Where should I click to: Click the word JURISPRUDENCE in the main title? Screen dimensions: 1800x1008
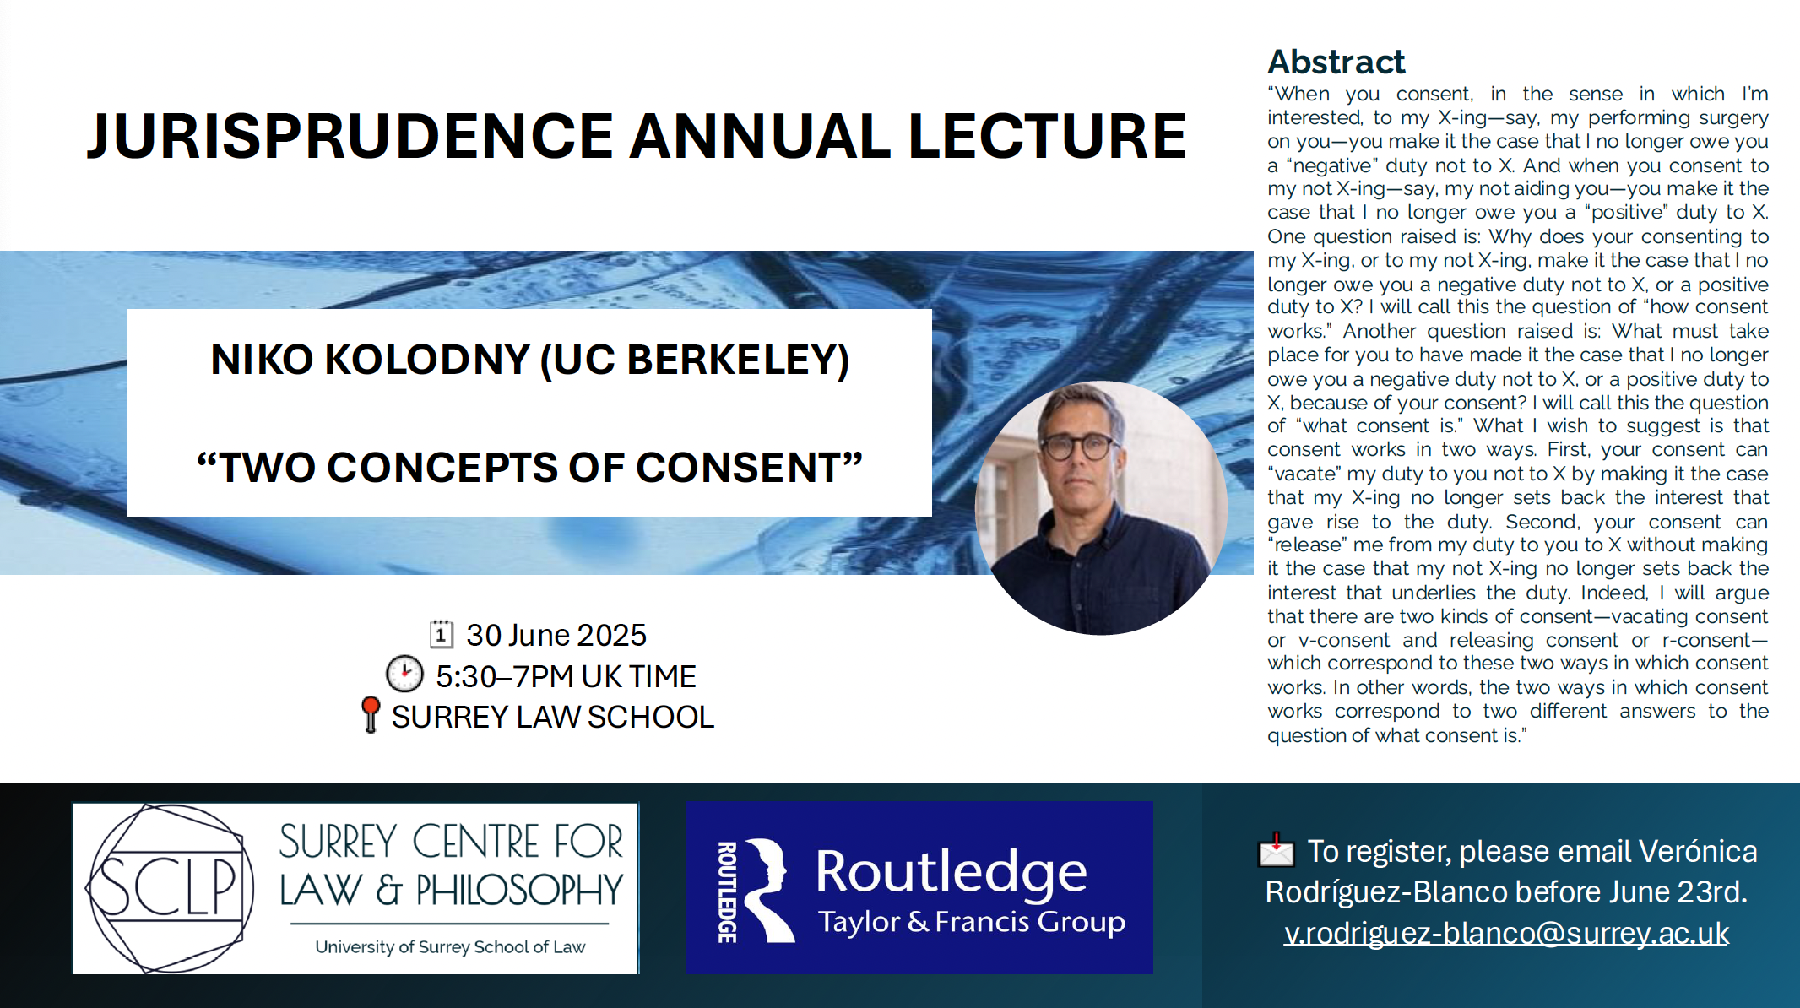[x=350, y=136]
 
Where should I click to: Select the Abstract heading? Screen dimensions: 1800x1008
[x=1336, y=62]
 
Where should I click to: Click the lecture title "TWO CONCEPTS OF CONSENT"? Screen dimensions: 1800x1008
[x=529, y=468]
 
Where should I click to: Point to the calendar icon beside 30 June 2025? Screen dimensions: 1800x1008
[x=442, y=634]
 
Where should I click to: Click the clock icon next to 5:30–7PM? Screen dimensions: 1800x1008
[x=404, y=675]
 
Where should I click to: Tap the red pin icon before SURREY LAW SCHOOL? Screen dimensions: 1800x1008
[x=371, y=714]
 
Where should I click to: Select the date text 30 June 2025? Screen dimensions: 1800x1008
[x=556, y=635]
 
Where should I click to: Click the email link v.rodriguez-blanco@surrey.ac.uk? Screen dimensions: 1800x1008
[x=1506, y=933]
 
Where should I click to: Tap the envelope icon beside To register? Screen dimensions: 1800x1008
[x=1276, y=850]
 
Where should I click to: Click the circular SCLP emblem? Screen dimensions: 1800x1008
[x=170, y=888]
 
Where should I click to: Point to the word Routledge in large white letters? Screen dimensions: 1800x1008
[x=952, y=873]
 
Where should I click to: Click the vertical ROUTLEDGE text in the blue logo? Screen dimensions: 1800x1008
[x=727, y=891]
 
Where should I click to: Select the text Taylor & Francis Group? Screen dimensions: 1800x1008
[x=972, y=921]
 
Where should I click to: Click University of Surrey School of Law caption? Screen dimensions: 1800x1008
[x=450, y=947]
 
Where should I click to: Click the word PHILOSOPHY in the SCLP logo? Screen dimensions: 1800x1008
[x=519, y=890]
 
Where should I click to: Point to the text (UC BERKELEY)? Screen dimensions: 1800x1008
[x=695, y=360]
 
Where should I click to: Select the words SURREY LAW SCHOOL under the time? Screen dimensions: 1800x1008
[x=553, y=717]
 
